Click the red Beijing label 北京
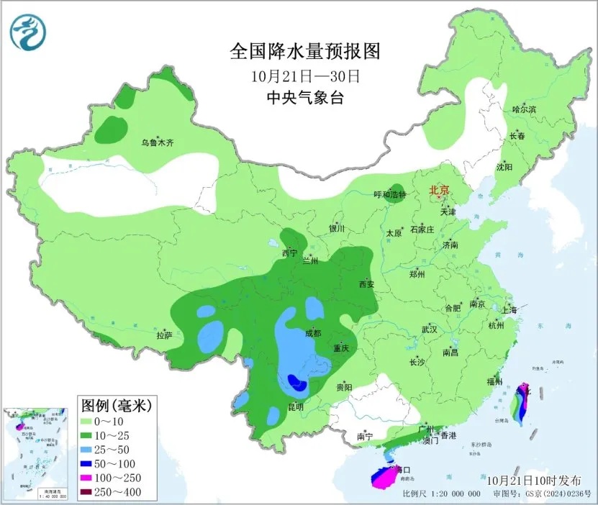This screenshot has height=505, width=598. (x=439, y=191)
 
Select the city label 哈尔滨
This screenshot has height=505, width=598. (x=524, y=109)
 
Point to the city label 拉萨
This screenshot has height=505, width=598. (x=164, y=335)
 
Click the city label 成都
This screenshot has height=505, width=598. (x=312, y=332)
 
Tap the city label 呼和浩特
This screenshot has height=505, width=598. (x=390, y=195)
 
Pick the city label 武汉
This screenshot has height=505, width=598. (x=430, y=329)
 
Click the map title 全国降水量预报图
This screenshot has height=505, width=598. (x=304, y=52)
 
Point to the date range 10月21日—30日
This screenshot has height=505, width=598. (x=305, y=75)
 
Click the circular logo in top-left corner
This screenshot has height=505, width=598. (x=27, y=32)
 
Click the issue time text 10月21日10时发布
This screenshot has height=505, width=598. (x=531, y=479)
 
